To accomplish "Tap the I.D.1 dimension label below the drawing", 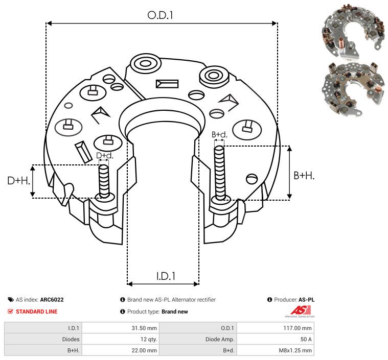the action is (x=166, y=276).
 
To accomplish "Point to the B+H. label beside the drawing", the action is (x=304, y=176).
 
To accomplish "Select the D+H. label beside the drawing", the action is (x=18, y=181).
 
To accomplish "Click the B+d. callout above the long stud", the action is (x=219, y=134).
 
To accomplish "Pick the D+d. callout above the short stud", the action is (x=104, y=156).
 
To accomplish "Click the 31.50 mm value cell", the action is (x=144, y=328).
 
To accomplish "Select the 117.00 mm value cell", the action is (x=298, y=328).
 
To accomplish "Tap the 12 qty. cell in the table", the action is (x=149, y=339).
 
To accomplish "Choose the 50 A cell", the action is (x=306, y=339).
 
